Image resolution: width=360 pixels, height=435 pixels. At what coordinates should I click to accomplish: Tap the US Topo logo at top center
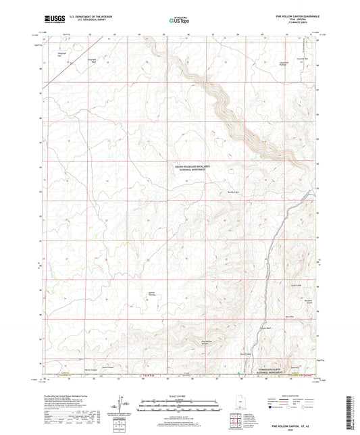180,21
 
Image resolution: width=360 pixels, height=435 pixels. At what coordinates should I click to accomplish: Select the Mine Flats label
289,316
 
